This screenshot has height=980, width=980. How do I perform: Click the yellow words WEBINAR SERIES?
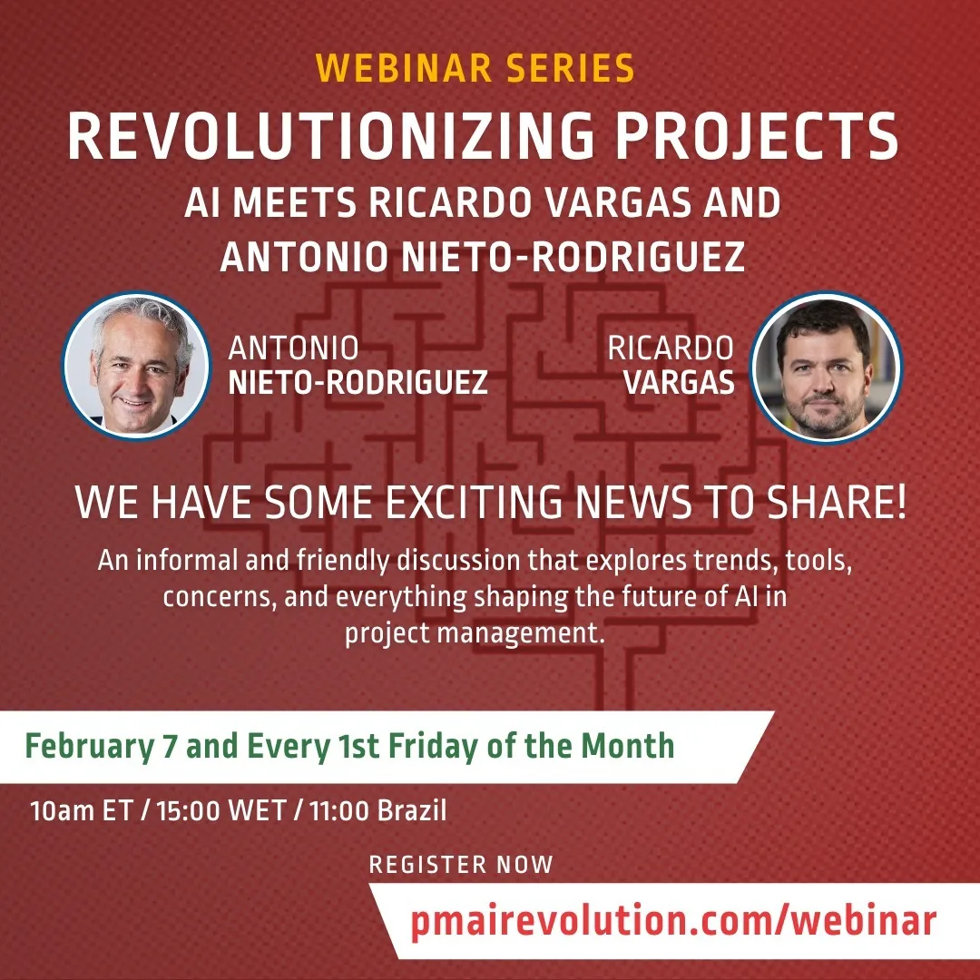[475, 68]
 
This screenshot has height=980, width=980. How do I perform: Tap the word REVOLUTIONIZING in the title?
[330, 136]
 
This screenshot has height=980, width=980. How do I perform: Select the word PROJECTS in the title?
[757, 136]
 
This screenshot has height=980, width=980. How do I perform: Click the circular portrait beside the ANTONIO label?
[137, 367]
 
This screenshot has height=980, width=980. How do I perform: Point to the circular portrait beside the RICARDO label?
[827, 367]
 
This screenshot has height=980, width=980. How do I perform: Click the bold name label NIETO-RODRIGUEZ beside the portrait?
[358, 383]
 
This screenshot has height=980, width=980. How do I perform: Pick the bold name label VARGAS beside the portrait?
[679, 383]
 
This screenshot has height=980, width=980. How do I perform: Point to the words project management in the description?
[475, 633]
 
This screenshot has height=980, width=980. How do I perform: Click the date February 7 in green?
[101, 747]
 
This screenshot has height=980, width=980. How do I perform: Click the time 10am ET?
[82, 810]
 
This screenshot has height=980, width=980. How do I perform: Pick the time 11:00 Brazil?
[377, 810]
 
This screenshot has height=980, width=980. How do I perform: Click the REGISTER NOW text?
[461, 865]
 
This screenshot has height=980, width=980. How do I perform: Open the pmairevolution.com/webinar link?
[673, 921]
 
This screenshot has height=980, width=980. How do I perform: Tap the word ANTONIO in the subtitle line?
[304, 257]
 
